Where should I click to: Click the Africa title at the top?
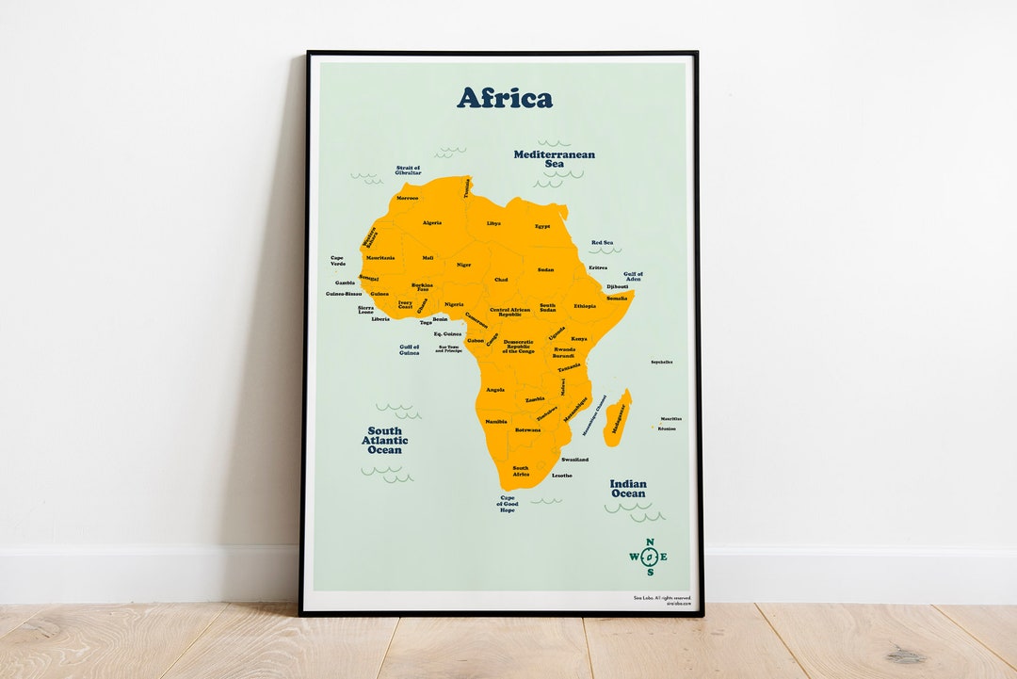(505, 98)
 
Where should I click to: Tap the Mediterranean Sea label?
(554, 159)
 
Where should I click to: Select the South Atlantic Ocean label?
(384, 441)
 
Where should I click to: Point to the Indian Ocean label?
(628, 489)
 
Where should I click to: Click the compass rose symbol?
(648, 557)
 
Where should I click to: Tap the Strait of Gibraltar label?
(409, 170)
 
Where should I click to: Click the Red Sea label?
(602, 243)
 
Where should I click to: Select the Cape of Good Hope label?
(508, 504)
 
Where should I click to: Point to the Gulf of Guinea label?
(409, 349)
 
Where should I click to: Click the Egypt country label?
(542, 227)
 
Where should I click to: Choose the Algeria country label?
(432, 223)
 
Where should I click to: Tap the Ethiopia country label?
(585, 306)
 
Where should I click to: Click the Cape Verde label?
(338, 261)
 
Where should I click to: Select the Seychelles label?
(662, 362)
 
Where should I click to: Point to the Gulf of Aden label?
(633, 277)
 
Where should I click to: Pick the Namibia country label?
(495, 422)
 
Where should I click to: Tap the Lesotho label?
(562, 476)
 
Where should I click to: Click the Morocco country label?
(408, 199)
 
